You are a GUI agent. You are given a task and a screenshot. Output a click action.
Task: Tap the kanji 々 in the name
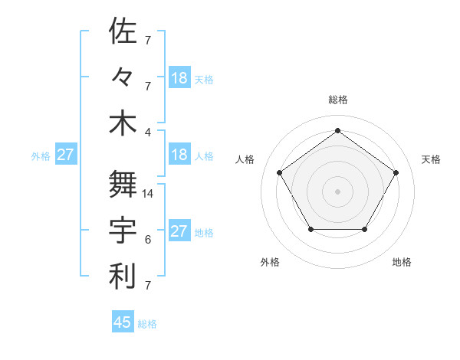[123, 77]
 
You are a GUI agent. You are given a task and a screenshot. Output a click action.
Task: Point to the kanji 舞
[123, 184]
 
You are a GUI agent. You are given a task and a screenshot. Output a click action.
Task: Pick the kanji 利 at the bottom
[123, 277]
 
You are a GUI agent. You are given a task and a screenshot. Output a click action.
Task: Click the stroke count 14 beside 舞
[149, 194]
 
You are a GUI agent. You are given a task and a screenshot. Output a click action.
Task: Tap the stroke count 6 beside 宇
[148, 240]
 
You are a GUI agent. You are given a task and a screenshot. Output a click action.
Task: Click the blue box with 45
[123, 322]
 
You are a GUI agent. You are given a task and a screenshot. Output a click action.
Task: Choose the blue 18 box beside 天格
[179, 78]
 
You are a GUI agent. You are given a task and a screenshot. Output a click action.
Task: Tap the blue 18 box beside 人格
[179, 155]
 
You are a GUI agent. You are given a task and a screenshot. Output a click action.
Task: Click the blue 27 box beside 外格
[66, 155]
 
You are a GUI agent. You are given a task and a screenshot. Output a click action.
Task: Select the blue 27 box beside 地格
[179, 231]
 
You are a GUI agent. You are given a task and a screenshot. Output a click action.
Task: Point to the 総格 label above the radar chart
[337, 100]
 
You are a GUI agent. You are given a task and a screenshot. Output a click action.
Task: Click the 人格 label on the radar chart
[245, 159]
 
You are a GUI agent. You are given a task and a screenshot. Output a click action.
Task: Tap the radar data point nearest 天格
[396, 172]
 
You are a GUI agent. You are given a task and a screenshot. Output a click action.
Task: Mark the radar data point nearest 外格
[310, 229]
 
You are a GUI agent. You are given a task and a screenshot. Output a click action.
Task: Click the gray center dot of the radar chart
[337, 191]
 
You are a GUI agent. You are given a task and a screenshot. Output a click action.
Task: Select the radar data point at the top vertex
[337, 131]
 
